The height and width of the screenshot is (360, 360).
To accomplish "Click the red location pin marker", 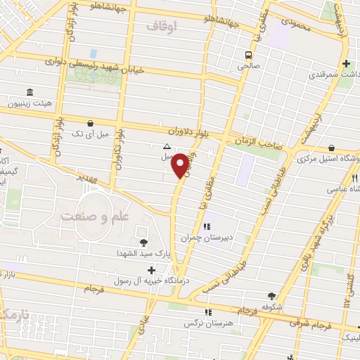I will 181,165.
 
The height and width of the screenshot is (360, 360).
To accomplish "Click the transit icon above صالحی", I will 248,54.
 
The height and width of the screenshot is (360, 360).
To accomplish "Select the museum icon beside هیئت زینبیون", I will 29,93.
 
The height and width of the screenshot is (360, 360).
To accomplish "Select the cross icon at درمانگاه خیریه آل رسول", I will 151,269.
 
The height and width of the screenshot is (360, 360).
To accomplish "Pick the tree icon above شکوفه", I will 272,296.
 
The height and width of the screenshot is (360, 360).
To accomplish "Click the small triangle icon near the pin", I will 167,147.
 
